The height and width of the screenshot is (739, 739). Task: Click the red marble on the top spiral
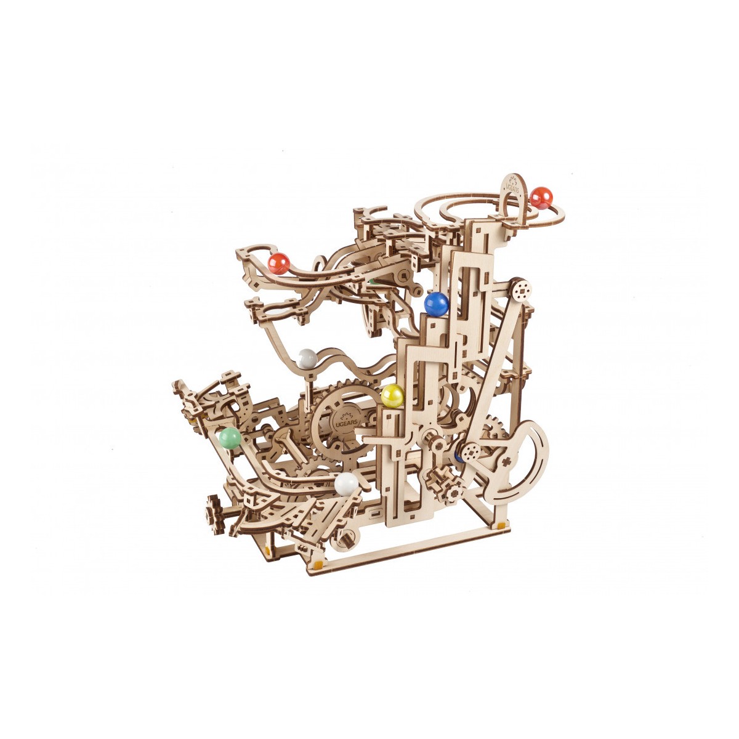click(541, 198)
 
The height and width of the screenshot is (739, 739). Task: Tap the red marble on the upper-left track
click(279, 264)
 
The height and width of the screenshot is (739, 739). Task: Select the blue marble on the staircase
click(437, 304)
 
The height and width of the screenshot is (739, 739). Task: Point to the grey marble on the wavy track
click(307, 358)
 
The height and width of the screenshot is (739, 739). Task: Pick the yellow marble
click(392, 396)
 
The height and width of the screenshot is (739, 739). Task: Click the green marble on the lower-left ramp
click(230, 438)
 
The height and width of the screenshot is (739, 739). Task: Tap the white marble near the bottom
click(346, 484)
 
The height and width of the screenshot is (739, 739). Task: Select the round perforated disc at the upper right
click(522, 289)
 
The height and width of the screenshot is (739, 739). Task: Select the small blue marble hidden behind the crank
click(458, 456)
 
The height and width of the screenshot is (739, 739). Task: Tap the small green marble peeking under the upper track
click(372, 281)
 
